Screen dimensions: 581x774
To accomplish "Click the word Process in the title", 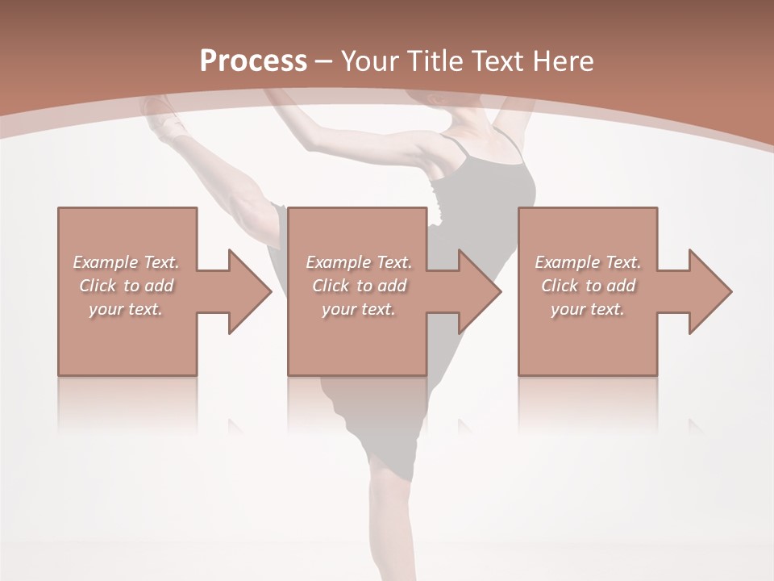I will pyautogui.click(x=253, y=61).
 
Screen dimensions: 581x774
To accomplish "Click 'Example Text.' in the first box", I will pyautogui.click(x=126, y=262).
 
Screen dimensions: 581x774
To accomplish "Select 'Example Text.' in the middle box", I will pyautogui.click(x=359, y=262).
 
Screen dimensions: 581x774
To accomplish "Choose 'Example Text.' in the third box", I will pyautogui.click(x=588, y=262).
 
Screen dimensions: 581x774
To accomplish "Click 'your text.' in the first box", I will pyautogui.click(x=126, y=309).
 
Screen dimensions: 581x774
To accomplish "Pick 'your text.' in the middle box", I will pyautogui.click(x=359, y=309).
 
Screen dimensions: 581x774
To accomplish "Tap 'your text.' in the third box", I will pyautogui.click(x=588, y=309).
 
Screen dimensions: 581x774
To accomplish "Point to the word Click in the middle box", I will pyautogui.click(x=331, y=286).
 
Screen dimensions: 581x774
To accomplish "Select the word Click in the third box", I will pyautogui.click(x=560, y=286).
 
